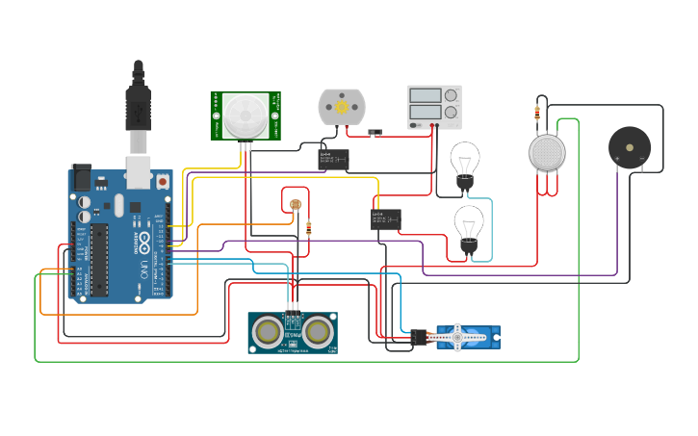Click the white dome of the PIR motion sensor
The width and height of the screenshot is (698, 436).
[246, 115]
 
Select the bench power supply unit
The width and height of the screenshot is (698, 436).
[434, 106]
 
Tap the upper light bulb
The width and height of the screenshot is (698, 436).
[465, 161]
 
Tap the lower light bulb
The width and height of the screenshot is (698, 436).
[469, 225]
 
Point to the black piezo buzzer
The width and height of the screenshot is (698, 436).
[629, 147]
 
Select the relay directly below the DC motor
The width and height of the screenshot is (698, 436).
[334, 158]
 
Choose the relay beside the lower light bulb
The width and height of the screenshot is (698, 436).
[386, 218]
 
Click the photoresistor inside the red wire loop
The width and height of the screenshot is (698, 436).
[295, 203]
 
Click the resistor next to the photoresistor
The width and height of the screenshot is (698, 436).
[308, 228]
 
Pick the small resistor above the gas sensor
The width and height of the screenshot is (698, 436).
[536, 113]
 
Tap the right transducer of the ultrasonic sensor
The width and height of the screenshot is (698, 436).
[317, 331]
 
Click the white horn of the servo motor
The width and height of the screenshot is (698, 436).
[458, 336]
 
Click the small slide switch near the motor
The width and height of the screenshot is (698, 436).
[375, 130]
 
